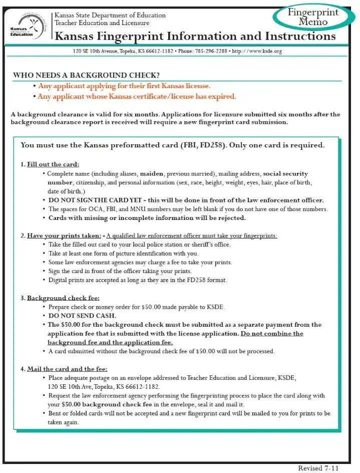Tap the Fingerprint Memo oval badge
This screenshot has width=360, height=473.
(312, 17)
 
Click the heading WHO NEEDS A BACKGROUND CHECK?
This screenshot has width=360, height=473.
(87, 75)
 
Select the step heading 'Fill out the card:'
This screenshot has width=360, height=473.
(53, 164)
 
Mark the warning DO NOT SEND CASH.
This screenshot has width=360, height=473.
(82, 316)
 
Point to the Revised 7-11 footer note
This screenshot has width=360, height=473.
(318, 468)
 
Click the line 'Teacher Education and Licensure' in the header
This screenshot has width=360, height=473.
(102, 23)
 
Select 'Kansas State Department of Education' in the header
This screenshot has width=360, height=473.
(110, 16)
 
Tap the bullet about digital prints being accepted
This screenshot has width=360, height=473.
(138, 280)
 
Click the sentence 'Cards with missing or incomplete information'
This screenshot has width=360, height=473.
(147, 218)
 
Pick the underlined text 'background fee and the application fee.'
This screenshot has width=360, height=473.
(110, 342)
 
